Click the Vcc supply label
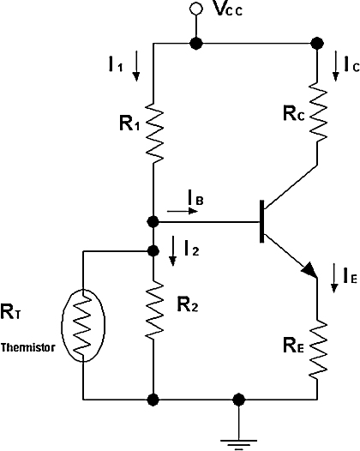[x=229, y=9]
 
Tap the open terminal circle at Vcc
[x=196, y=9]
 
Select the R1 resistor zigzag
[x=154, y=133]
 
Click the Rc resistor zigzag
[x=318, y=111]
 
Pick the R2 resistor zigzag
[x=154, y=310]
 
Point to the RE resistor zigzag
[x=318, y=349]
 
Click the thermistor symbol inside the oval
[x=83, y=325]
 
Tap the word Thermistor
[x=27, y=347]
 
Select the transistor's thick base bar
[x=261, y=221]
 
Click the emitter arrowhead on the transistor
[x=309, y=270]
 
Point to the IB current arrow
[x=183, y=211]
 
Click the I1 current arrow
[x=136, y=66]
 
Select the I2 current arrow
[x=172, y=251]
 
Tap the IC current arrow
[x=335, y=66]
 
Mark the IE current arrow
[x=333, y=278]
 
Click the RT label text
[x=10, y=311]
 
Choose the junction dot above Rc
[x=317, y=44]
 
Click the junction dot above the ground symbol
[x=238, y=400]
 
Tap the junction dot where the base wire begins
[x=153, y=222]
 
